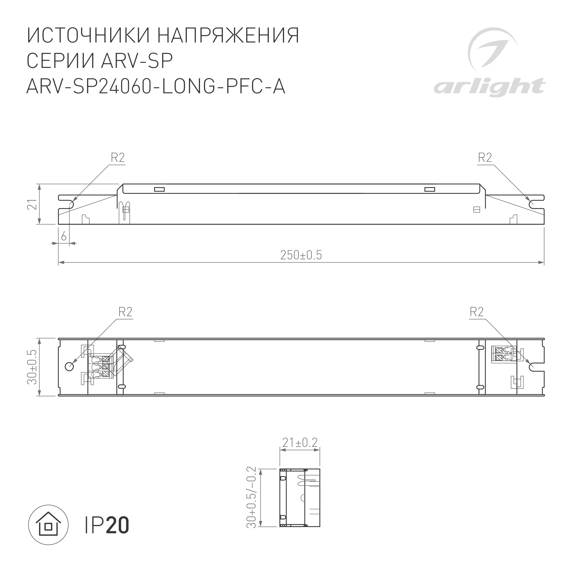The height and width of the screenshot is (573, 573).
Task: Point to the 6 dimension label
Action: (64, 237)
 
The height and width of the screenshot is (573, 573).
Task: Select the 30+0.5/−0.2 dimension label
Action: (251, 502)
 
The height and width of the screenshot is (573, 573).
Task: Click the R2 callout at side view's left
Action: (118, 158)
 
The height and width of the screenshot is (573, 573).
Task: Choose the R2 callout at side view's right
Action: (485, 158)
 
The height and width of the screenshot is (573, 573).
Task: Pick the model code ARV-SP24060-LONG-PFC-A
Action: (156, 87)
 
